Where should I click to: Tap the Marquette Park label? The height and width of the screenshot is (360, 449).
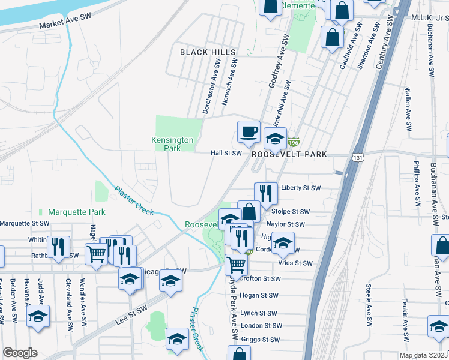[76, 212]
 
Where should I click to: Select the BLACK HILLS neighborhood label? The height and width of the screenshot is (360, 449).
[208, 53]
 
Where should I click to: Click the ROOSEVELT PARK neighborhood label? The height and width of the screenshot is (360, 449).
[289, 154]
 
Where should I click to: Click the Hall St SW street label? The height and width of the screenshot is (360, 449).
[226, 153]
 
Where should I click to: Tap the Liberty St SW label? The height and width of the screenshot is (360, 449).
[301, 188]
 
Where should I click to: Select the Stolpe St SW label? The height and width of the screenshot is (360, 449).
[290, 212]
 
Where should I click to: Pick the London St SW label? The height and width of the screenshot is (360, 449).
[258, 325]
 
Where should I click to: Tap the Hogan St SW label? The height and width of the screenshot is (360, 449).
[259, 295]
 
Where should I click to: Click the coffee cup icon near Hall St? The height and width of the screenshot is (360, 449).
[249, 131]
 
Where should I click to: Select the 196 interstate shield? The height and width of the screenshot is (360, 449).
[293, 143]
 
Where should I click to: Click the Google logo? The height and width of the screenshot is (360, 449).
[20, 353]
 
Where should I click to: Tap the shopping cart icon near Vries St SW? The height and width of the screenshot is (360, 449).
[237, 264]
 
